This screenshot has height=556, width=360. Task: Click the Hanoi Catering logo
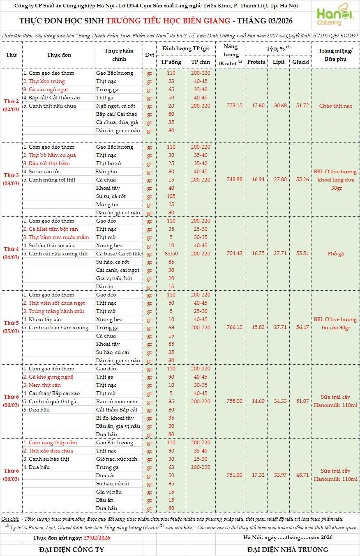(335, 16)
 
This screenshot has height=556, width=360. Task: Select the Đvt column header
(150, 55)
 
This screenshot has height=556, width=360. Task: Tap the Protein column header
(257, 62)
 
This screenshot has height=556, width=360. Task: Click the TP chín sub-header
(200, 62)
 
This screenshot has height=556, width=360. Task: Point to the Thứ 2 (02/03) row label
(11, 106)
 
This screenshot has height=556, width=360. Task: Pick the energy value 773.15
(234, 106)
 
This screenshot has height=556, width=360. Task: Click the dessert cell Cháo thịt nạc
(335, 106)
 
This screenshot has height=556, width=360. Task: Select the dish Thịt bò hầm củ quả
(49, 155)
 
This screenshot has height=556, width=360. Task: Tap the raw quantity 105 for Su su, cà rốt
(171, 196)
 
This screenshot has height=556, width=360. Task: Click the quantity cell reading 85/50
(171, 254)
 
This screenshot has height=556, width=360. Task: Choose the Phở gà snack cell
(335, 254)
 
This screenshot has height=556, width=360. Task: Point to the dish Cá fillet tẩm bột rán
(51, 229)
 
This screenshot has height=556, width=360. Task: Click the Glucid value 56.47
(302, 327)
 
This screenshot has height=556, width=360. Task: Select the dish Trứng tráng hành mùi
(53, 311)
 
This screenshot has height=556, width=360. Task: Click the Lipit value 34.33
(280, 401)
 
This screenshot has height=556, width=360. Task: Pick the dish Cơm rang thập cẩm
(50, 443)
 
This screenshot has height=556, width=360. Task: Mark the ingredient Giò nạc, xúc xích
(116, 459)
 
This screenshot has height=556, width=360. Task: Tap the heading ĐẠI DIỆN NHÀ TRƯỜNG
(288, 549)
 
